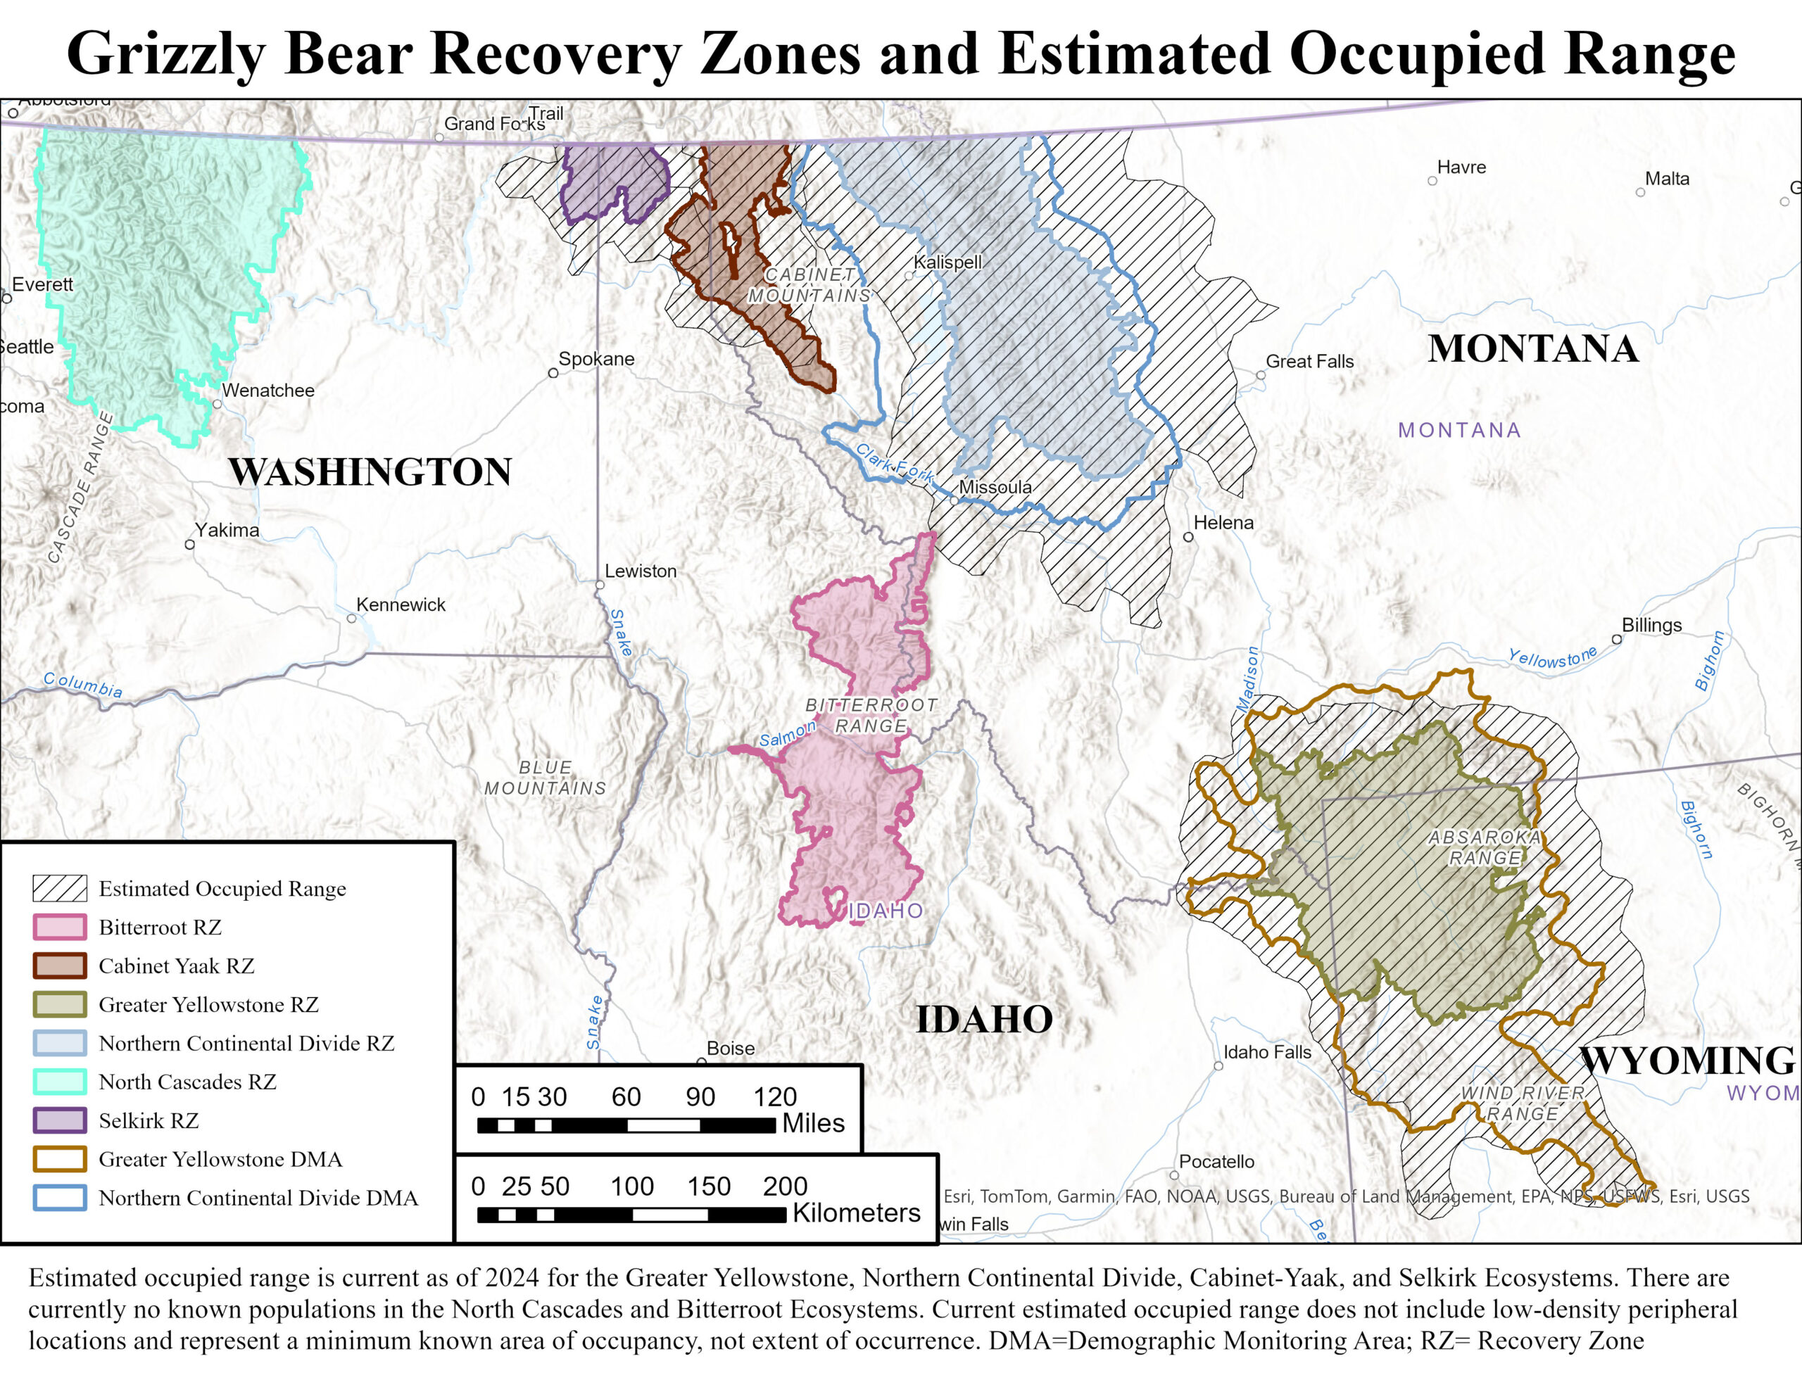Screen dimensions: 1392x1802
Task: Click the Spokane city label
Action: [596, 359]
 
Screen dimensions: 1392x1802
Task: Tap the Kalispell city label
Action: [947, 262]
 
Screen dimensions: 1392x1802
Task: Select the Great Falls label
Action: [1309, 362]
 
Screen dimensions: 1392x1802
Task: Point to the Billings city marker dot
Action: [1616, 639]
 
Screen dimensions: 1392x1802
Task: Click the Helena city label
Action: [1223, 522]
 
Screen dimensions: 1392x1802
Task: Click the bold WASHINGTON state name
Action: [370, 472]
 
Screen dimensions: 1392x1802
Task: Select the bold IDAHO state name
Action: [984, 1020]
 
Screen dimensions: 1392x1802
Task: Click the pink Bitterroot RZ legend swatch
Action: [59, 927]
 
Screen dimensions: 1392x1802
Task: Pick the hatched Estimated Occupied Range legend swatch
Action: [59, 888]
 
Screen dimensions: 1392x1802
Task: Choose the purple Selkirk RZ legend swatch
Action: [59, 1120]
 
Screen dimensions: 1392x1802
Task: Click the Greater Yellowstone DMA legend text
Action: [220, 1159]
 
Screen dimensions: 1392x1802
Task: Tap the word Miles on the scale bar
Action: [813, 1123]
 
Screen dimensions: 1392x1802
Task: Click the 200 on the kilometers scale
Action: [785, 1187]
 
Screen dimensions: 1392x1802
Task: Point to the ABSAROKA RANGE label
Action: [1485, 847]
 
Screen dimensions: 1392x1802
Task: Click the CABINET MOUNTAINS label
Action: [809, 285]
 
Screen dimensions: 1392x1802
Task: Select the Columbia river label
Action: [82, 685]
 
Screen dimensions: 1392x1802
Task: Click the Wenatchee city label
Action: [268, 391]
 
